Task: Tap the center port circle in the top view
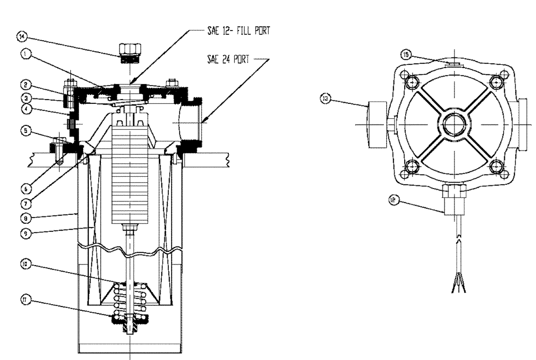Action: coord(454,124)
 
